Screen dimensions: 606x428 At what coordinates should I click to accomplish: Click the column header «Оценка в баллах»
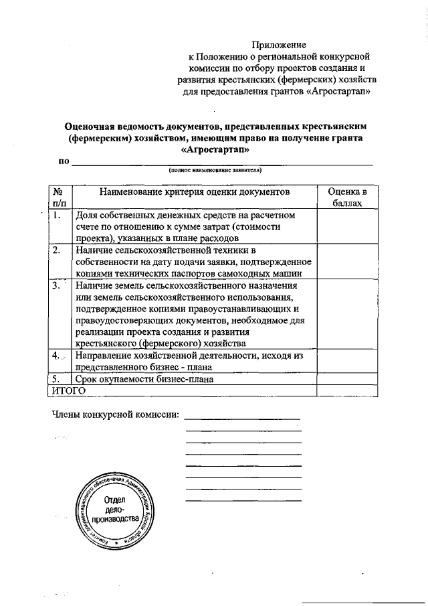(344, 197)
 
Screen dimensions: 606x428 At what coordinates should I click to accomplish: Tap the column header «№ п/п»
(60, 197)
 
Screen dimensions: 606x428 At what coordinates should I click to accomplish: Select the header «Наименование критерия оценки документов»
(195, 192)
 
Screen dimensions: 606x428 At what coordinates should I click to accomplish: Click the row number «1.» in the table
(58, 216)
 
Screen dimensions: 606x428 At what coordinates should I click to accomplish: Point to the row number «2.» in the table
(58, 250)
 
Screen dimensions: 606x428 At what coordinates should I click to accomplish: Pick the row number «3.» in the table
(58, 285)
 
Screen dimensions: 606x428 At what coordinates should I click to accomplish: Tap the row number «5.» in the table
(58, 380)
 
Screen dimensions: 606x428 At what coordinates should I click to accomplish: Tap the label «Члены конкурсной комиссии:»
(115, 414)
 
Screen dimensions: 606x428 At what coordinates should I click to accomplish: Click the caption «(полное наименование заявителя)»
(215, 170)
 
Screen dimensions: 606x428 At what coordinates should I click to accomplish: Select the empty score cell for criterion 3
(344, 314)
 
